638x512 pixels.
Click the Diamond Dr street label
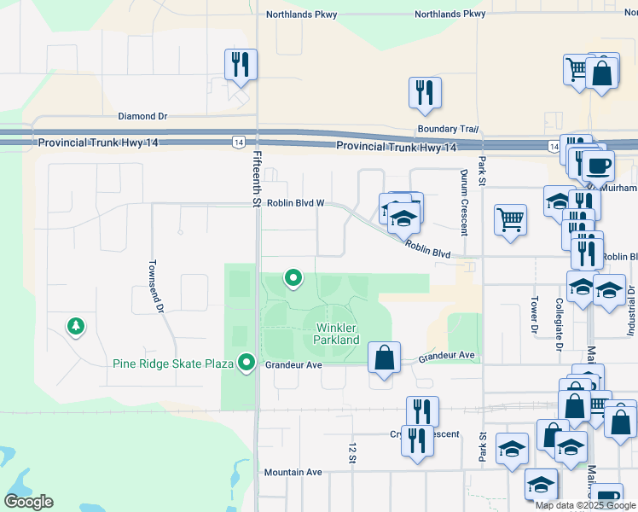click(x=142, y=116)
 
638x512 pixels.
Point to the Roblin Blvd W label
click(x=295, y=203)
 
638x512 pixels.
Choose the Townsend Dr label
click(x=154, y=287)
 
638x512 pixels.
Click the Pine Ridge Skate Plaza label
click(x=173, y=364)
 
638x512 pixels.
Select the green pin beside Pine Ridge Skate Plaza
click(x=247, y=363)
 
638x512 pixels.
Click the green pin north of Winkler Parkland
click(x=293, y=277)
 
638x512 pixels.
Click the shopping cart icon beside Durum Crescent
click(x=510, y=218)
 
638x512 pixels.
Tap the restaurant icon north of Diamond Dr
click(x=241, y=64)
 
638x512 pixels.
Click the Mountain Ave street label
click(x=293, y=472)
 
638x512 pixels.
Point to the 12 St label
click(x=351, y=453)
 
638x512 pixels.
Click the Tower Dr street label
click(x=534, y=315)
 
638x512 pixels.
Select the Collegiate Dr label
click(x=560, y=324)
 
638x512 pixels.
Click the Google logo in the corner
click(x=28, y=502)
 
